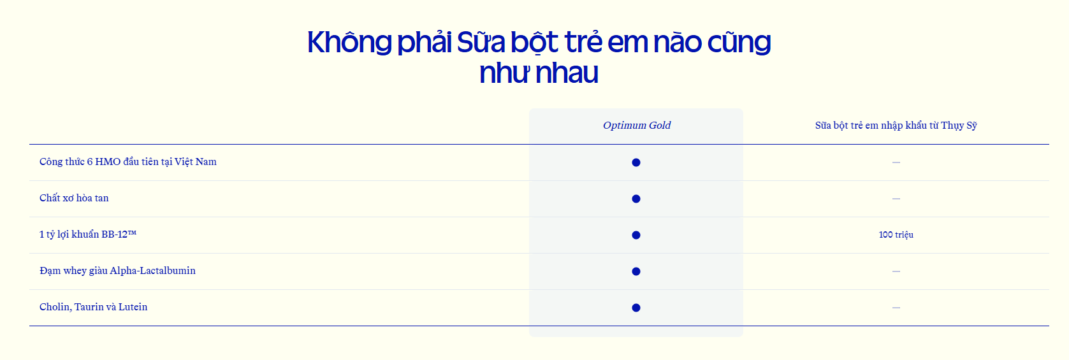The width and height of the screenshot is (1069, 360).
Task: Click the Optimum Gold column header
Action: click(x=637, y=126)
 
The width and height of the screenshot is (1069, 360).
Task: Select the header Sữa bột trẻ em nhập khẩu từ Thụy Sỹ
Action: click(x=896, y=126)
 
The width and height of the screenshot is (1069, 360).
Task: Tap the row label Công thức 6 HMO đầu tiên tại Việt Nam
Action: click(x=128, y=162)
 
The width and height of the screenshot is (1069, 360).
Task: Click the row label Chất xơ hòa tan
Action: click(x=74, y=198)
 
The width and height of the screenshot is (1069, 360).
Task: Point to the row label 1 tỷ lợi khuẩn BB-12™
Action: click(x=88, y=234)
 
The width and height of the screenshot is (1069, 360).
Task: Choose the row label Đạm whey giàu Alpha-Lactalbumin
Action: click(x=117, y=271)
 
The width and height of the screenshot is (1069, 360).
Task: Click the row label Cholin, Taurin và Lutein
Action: click(x=94, y=307)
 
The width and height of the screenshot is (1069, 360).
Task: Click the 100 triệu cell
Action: click(x=896, y=234)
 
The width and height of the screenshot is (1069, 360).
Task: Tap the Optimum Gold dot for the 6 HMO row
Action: click(x=636, y=162)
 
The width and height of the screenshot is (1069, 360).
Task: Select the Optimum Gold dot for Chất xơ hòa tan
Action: click(x=636, y=199)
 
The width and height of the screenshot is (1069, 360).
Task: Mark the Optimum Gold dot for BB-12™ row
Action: click(x=636, y=235)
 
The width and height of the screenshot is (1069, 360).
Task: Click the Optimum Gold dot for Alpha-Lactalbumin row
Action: click(x=636, y=271)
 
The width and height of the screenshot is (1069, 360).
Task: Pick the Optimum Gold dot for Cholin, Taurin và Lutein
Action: click(x=636, y=308)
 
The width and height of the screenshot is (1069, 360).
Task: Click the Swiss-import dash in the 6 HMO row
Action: click(x=896, y=162)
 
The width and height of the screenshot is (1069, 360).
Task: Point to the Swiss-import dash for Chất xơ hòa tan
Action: click(x=896, y=199)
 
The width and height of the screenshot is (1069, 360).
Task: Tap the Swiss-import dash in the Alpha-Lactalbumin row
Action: click(x=896, y=271)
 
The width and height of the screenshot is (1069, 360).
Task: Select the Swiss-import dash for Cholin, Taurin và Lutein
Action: click(x=896, y=308)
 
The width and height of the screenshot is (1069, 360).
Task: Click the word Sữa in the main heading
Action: click(x=481, y=41)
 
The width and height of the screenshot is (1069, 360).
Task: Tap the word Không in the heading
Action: click(x=349, y=41)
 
